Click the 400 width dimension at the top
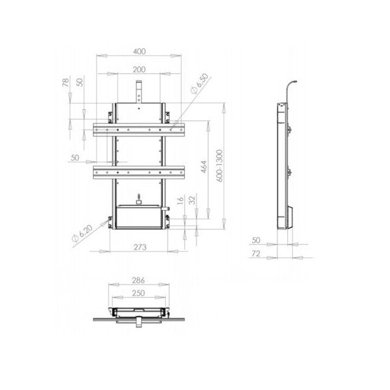[139, 50]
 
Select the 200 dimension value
[139, 69]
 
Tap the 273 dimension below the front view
[139, 246]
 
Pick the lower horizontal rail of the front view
[139, 172]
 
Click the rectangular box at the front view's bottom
[139, 218]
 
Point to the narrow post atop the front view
[139, 91]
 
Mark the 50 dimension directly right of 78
[79, 83]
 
